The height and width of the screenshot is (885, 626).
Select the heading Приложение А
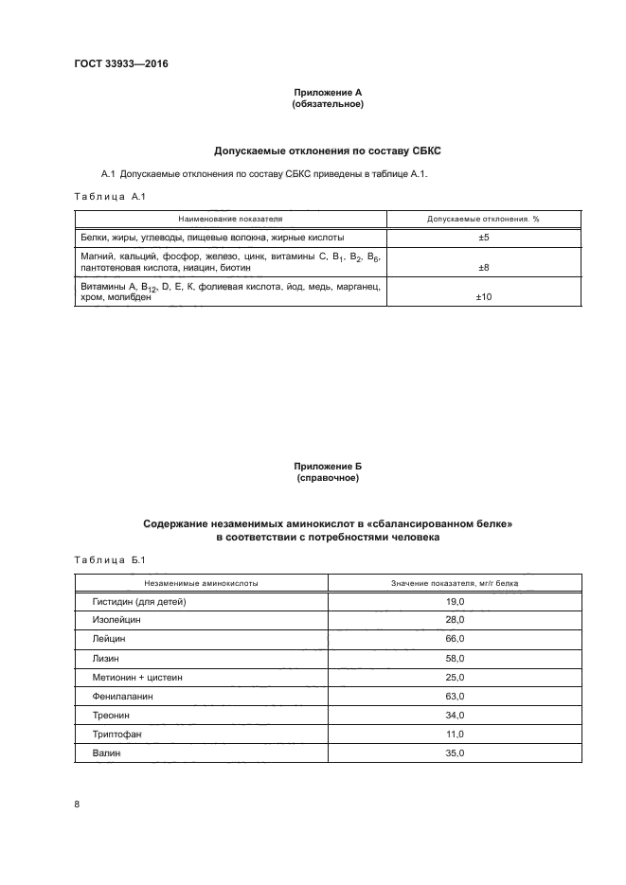point(328,92)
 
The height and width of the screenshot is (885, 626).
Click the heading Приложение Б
point(328,468)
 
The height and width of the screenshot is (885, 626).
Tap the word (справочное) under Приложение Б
point(328,479)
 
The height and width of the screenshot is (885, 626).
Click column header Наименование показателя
point(230,218)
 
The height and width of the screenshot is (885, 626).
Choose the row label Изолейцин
point(116,620)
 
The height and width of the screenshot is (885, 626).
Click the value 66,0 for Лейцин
point(455,639)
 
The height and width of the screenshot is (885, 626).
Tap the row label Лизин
point(107,658)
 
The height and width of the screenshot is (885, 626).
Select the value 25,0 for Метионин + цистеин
point(455,677)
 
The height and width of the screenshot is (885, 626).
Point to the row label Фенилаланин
point(122,696)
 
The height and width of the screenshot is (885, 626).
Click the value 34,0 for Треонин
point(455,715)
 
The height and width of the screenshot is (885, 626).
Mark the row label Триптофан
point(117,734)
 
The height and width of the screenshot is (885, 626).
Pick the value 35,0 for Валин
point(455,752)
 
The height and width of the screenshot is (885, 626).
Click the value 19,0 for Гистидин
point(455,602)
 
